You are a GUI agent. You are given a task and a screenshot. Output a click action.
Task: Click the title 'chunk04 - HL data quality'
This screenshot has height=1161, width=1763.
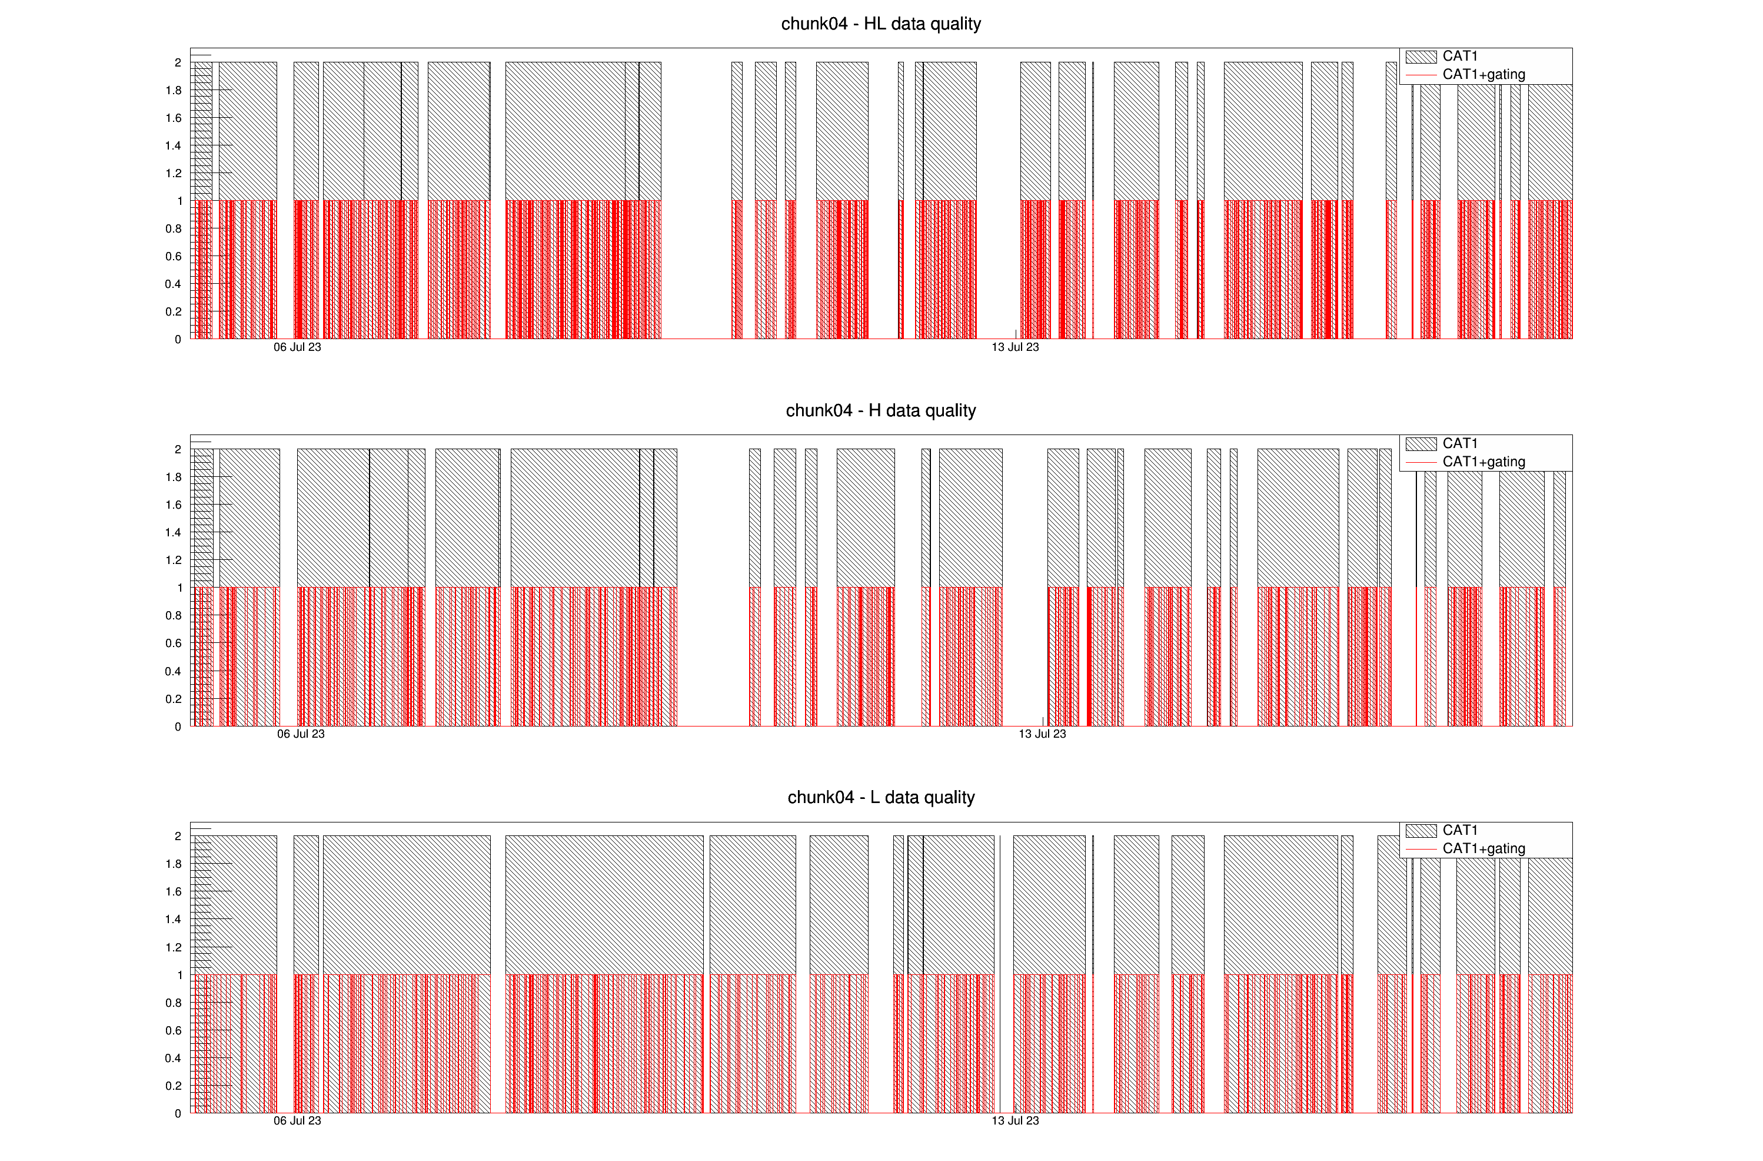[x=881, y=24]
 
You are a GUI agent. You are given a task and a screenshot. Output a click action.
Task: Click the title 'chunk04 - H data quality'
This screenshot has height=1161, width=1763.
[x=881, y=410]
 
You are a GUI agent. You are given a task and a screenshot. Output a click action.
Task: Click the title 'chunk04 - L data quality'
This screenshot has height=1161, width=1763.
[x=881, y=797]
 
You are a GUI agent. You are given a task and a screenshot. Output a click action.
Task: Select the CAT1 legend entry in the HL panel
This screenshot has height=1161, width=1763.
[x=1459, y=57]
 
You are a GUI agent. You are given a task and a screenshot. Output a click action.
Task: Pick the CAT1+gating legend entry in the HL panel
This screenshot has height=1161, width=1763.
[x=1483, y=75]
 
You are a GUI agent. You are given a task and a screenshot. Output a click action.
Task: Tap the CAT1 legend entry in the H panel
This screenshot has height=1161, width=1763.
[x=1459, y=443]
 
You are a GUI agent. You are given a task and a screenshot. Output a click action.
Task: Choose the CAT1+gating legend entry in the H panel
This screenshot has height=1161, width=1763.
[x=1483, y=462]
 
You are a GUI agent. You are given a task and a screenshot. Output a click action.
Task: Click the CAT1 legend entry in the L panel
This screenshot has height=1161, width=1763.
[x=1459, y=830]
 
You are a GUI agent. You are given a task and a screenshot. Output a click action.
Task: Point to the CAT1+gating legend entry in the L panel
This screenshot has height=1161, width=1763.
[x=1483, y=848]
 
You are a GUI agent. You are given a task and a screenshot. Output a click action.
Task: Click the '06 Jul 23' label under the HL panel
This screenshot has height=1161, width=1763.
[x=297, y=347]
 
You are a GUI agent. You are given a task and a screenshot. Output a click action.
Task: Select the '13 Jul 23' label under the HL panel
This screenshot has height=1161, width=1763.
[x=1015, y=347]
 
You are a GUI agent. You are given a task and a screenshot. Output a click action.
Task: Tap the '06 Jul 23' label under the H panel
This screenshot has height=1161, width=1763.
[x=301, y=734]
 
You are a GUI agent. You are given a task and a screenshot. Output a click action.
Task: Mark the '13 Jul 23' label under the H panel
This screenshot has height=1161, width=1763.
[x=1042, y=734]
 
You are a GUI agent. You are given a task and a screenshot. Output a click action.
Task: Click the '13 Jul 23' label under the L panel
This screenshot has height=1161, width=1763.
[x=1015, y=1120]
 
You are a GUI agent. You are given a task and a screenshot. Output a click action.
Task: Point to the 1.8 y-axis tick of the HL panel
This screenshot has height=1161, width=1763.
[x=174, y=91]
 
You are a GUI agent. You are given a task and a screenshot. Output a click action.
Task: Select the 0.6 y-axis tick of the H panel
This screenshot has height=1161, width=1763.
[x=174, y=643]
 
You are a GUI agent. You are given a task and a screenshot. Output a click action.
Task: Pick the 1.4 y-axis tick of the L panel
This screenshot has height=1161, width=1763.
[x=174, y=920]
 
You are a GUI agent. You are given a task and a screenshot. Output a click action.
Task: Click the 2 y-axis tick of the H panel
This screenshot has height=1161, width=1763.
[x=178, y=449]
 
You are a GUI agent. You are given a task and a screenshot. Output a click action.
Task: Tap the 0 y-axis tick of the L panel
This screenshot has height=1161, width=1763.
[x=178, y=1113]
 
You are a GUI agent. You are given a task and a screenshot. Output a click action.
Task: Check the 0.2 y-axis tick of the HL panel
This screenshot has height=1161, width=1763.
[x=174, y=311]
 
